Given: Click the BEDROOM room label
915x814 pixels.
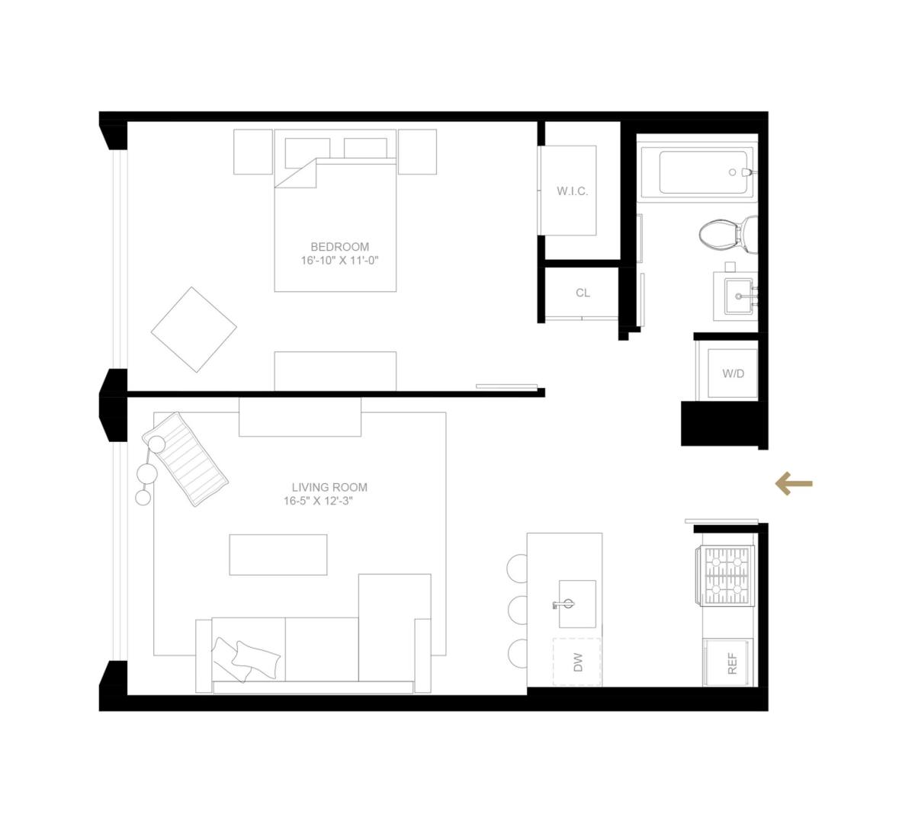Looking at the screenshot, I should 339,247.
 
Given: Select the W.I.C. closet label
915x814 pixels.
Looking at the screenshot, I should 572,191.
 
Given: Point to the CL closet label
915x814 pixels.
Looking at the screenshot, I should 583,293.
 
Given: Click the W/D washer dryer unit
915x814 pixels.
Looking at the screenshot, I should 733,373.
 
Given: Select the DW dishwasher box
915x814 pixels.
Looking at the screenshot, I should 576,662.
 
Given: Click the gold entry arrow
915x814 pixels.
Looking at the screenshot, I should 794,484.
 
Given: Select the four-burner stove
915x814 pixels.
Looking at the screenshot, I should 727,575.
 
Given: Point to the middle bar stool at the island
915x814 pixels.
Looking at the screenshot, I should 518,609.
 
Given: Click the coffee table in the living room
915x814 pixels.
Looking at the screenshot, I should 278,554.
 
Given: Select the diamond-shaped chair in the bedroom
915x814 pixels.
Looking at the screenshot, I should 194,329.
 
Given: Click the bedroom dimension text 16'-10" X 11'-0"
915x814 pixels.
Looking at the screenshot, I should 339,261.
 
